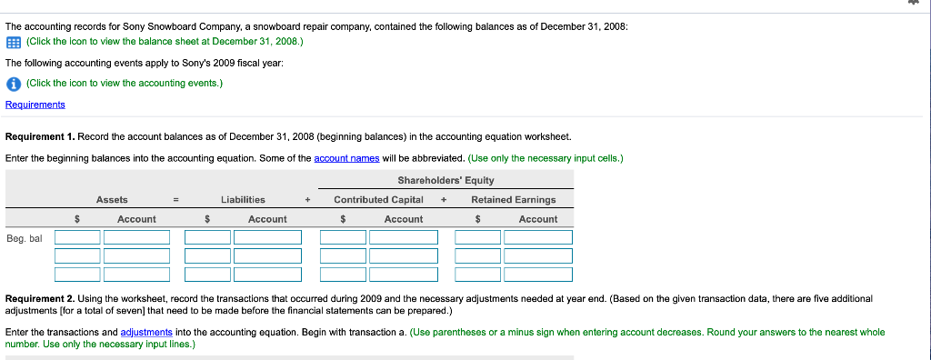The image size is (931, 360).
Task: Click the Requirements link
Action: coord(35,105)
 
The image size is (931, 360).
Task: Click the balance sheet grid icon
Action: coord(13,42)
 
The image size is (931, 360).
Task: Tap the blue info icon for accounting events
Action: coord(13,84)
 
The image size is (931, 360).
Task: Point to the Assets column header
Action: coord(112,199)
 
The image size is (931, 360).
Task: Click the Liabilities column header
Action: coord(243,199)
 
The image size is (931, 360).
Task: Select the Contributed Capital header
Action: coord(378,199)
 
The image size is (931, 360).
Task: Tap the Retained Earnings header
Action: coord(513,199)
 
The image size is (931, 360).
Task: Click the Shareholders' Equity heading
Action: coord(445,180)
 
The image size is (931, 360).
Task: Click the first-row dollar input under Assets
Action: coord(77,237)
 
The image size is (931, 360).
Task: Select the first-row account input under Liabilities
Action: coord(267,237)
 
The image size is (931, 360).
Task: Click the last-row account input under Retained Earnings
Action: coord(538,275)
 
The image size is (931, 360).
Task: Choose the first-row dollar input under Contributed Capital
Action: coord(343,237)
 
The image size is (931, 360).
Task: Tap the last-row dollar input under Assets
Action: coord(77,275)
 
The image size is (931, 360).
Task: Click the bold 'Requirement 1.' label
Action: coord(40,136)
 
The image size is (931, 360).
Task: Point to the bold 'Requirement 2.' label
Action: coord(40,298)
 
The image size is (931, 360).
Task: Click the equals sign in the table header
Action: coord(176,199)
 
